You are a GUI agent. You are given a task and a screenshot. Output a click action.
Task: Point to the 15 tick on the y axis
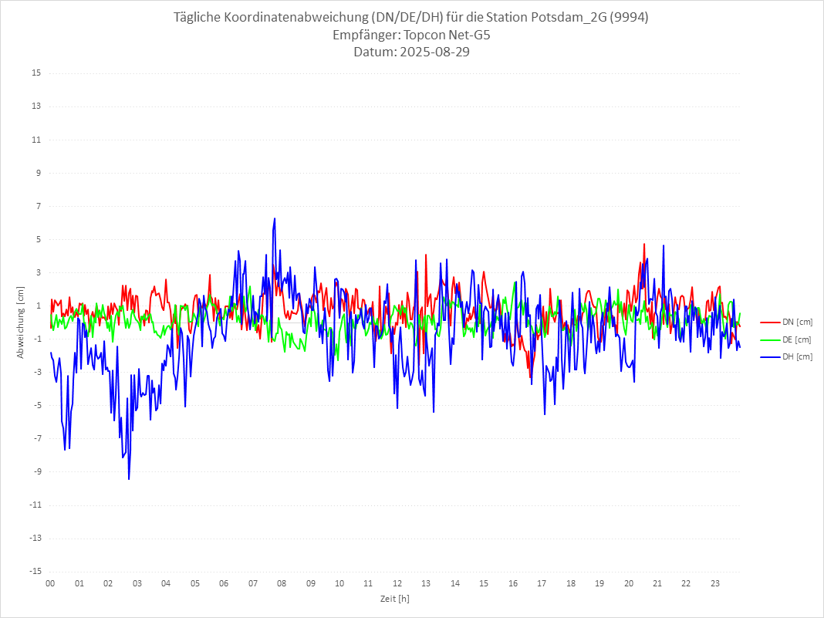36,73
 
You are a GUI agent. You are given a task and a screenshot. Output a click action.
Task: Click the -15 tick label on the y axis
35,571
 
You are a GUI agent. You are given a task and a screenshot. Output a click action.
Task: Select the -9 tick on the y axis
36,471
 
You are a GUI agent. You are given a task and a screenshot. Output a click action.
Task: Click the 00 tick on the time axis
50,583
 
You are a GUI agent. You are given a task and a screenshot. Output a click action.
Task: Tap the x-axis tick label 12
397,583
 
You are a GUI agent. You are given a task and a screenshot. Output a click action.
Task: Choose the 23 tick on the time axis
715,583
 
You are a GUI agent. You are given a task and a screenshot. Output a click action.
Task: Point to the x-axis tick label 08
282,583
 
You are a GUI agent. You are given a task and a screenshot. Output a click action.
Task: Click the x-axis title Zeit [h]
394,598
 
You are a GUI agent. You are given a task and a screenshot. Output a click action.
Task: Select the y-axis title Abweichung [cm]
21,322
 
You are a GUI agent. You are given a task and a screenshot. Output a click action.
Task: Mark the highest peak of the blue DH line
274,218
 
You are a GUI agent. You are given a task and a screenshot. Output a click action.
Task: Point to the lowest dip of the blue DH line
129,479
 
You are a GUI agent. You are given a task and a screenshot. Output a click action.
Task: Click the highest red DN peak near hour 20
644,244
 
